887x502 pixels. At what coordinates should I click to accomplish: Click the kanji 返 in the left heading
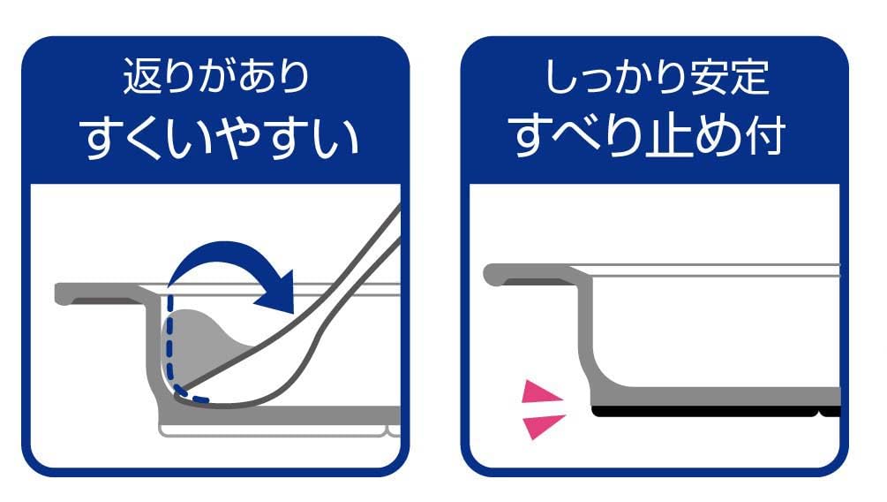point(139,76)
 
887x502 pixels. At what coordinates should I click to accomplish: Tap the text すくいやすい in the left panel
point(220,138)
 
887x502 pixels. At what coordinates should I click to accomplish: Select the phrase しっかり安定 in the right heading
point(657,77)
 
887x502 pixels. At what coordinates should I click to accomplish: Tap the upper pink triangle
point(542,392)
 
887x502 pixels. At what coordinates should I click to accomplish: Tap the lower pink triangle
point(543,426)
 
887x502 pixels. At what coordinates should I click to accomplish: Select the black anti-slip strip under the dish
point(716,412)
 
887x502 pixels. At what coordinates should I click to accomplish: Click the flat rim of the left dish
point(99,293)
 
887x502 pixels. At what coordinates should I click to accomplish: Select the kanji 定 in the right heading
point(750,77)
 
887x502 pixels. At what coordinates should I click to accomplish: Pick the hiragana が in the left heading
point(215,77)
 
